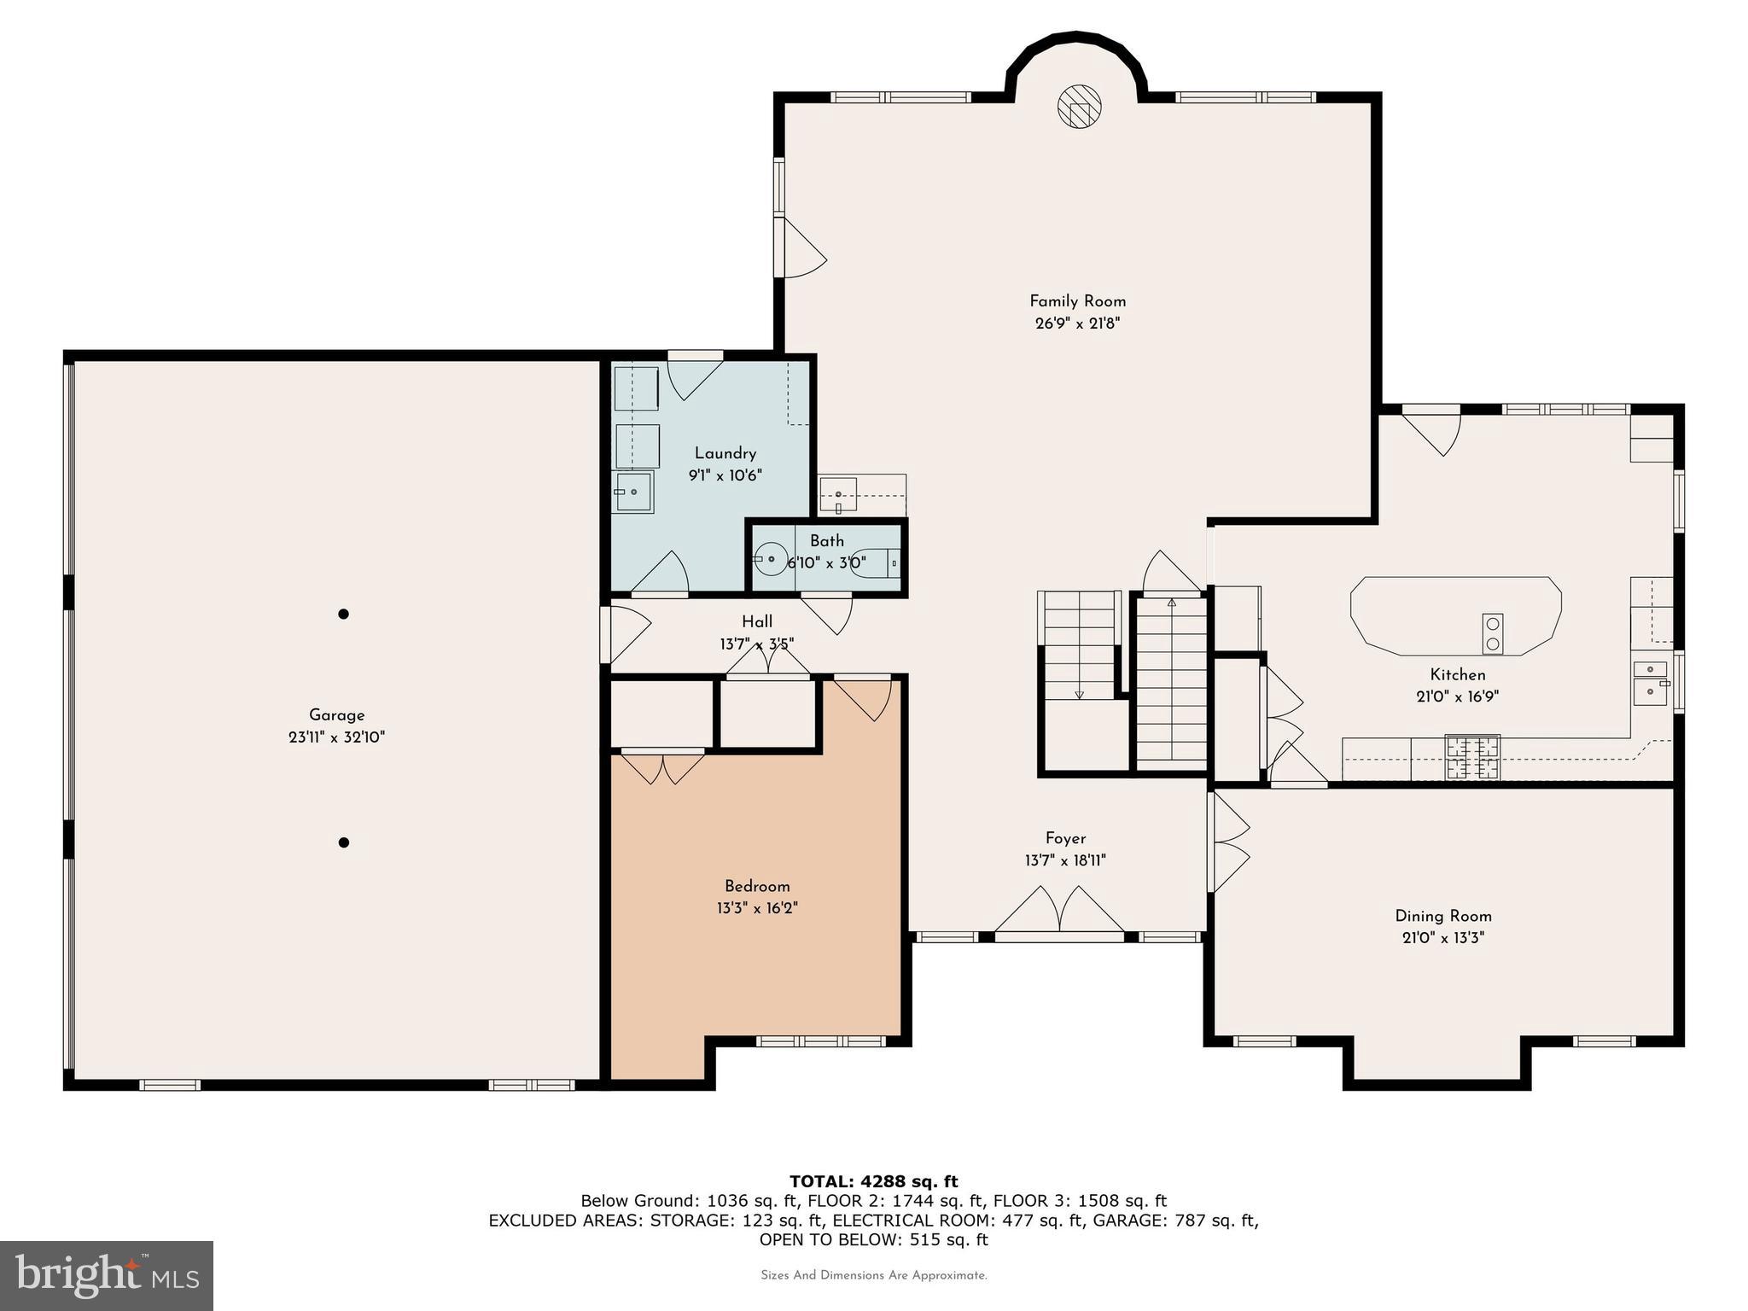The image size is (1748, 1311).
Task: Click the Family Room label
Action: [1077, 301]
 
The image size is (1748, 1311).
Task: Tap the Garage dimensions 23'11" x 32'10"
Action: [336, 737]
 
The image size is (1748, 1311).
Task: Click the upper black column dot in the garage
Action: [343, 614]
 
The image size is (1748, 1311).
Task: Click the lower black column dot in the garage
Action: [344, 842]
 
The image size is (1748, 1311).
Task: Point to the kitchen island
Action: [1455, 615]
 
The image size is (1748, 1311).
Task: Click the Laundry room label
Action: [725, 453]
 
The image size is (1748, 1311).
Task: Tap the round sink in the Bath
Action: [772, 559]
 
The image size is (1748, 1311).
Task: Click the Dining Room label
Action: [1443, 916]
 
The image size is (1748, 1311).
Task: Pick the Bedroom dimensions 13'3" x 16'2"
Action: [757, 909]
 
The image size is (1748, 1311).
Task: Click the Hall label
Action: [757, 621]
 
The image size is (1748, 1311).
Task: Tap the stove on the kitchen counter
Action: [1471, 756]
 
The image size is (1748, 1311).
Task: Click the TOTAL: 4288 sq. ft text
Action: [873, 1181]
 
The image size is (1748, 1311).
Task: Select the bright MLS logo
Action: [107, 1275]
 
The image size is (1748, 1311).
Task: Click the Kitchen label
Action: [1458, 674]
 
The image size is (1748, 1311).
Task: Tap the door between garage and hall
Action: [623, 633]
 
